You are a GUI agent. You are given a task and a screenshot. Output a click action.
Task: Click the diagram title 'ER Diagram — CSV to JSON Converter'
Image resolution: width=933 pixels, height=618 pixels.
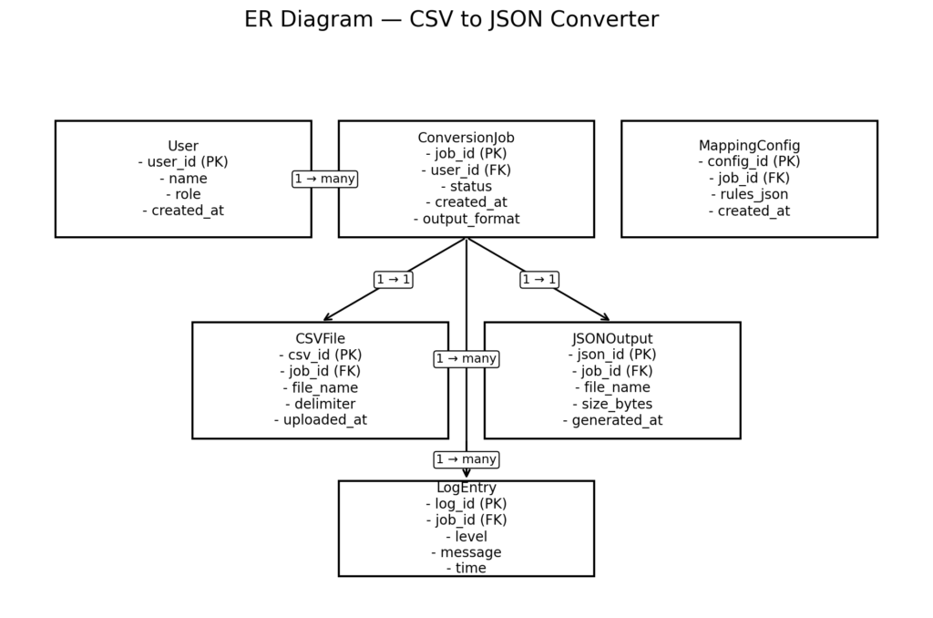451,19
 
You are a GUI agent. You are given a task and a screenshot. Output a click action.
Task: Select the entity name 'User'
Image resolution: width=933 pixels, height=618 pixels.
183,146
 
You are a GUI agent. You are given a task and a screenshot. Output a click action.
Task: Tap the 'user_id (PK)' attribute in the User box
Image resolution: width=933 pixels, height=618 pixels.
183,162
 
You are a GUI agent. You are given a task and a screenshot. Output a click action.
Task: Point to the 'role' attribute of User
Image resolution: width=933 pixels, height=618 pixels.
183,194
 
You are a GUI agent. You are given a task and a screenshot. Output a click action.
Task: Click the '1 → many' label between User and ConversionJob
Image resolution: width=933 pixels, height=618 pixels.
324,179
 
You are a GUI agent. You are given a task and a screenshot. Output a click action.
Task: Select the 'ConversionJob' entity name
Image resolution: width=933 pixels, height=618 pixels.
466,138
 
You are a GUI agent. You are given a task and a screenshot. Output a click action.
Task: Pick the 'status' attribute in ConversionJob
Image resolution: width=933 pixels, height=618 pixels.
466,186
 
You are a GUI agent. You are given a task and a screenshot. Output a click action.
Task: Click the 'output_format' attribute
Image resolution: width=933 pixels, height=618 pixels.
466,219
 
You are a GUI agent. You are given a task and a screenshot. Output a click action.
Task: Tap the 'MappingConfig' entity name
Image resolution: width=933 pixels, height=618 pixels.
749,146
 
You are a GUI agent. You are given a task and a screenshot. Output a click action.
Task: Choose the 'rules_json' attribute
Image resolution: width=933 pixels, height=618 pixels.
749,194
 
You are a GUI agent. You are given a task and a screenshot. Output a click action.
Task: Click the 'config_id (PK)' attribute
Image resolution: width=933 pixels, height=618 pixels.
749,162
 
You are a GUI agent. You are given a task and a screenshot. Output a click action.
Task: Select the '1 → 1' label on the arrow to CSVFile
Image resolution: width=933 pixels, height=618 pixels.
393,280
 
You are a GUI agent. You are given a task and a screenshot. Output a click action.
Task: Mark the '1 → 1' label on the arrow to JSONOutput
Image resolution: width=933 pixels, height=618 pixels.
539,280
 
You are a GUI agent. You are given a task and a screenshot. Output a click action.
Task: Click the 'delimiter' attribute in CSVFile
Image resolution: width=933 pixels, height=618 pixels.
320,404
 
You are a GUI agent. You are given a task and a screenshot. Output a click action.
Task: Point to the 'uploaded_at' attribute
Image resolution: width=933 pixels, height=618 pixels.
320,420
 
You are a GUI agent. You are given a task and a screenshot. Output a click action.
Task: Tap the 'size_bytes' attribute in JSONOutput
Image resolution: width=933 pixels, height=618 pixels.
612,404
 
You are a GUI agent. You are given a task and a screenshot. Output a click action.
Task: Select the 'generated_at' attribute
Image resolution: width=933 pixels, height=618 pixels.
612,420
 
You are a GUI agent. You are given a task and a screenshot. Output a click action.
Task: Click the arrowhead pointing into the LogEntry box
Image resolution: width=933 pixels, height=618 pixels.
466,474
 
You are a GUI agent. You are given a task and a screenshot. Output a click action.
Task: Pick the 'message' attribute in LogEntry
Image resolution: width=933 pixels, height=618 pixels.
466,552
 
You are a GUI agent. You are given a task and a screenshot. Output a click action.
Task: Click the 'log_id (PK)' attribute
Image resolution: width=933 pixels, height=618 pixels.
466,503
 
